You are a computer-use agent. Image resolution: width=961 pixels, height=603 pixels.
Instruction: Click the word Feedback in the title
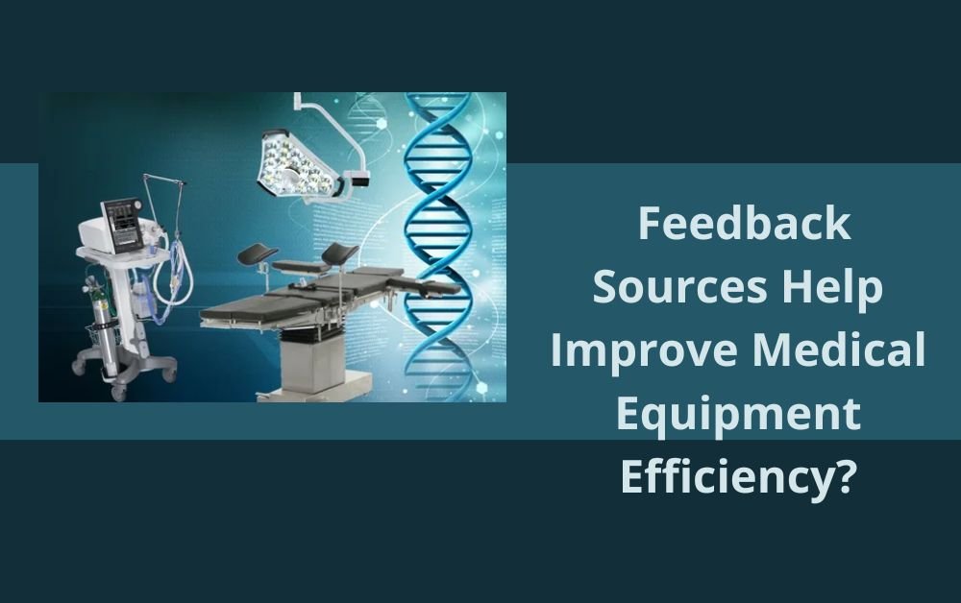click(x=744, y=225)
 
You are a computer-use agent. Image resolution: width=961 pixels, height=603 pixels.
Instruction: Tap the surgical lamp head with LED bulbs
click(x=297, y=164)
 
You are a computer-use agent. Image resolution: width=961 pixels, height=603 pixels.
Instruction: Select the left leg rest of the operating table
click(x=255, y=255)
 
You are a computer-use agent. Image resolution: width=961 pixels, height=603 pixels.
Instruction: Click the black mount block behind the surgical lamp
click(x=359, y=176)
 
